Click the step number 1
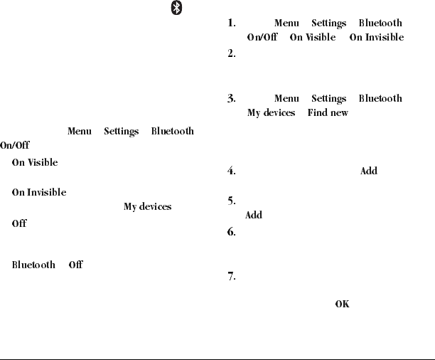[232, 23]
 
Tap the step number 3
[232, 99]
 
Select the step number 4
[232, 171]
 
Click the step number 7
[232, 277]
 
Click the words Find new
[328, 112]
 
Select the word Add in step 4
[369, 171]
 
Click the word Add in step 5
[254, 215]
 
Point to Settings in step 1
[328, 23]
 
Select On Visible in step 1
[313, 37]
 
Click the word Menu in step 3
[286, 99]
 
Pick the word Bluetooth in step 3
[380, 99]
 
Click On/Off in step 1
[262, 37]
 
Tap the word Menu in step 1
[286, 23]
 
